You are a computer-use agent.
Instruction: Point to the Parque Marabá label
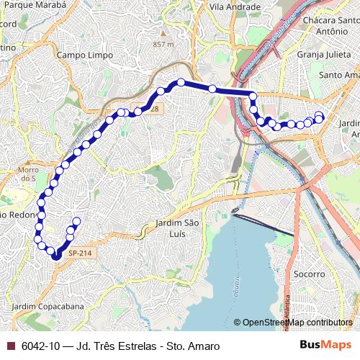(x=40, y=4)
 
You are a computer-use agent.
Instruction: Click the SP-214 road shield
(x=79, y=253)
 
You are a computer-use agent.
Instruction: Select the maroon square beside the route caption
(x=10, y=346)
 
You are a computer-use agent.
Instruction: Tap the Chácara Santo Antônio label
(x=331, y=26)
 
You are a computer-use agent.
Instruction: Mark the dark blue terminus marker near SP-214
(x=55, y=256)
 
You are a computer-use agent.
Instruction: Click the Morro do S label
(x=28, y=174)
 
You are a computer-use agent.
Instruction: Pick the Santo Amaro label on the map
(x=338, y=75)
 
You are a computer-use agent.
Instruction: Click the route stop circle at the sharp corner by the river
(x=253, y=95)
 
